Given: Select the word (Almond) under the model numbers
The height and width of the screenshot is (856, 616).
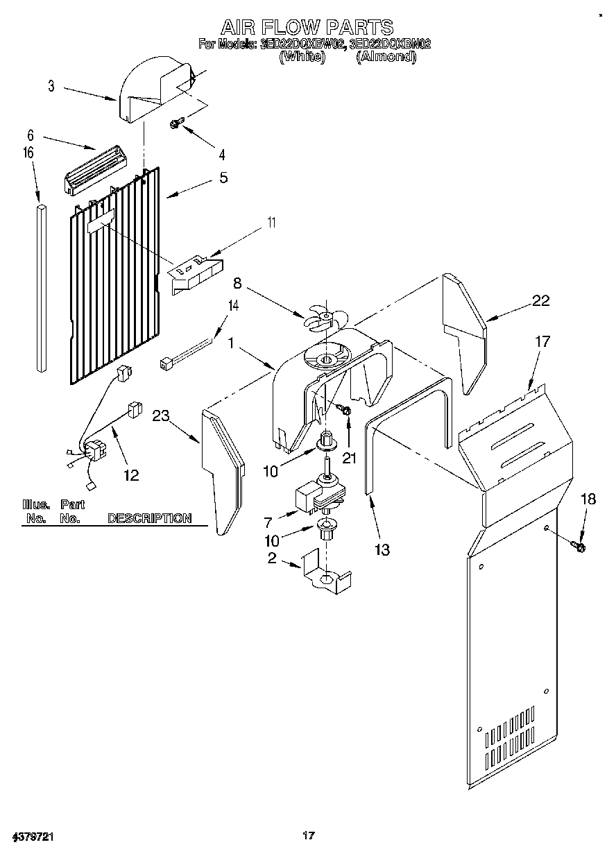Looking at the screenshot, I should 386,58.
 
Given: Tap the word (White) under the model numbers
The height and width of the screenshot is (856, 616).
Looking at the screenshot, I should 302,58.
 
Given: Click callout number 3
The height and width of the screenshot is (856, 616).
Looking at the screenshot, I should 51,86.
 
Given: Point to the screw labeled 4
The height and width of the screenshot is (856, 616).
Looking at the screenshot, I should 176,124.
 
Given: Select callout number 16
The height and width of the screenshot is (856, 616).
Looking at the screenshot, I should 28,153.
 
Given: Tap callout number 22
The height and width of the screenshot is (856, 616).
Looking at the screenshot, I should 540,300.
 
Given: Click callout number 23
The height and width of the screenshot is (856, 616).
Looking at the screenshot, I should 161,416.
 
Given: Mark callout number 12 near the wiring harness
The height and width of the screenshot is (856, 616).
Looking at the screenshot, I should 130,475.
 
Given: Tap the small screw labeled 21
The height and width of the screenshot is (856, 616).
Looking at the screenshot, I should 346,412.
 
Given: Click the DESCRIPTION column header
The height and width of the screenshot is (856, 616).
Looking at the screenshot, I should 149,518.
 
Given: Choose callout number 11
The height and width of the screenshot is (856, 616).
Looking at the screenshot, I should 271,223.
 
